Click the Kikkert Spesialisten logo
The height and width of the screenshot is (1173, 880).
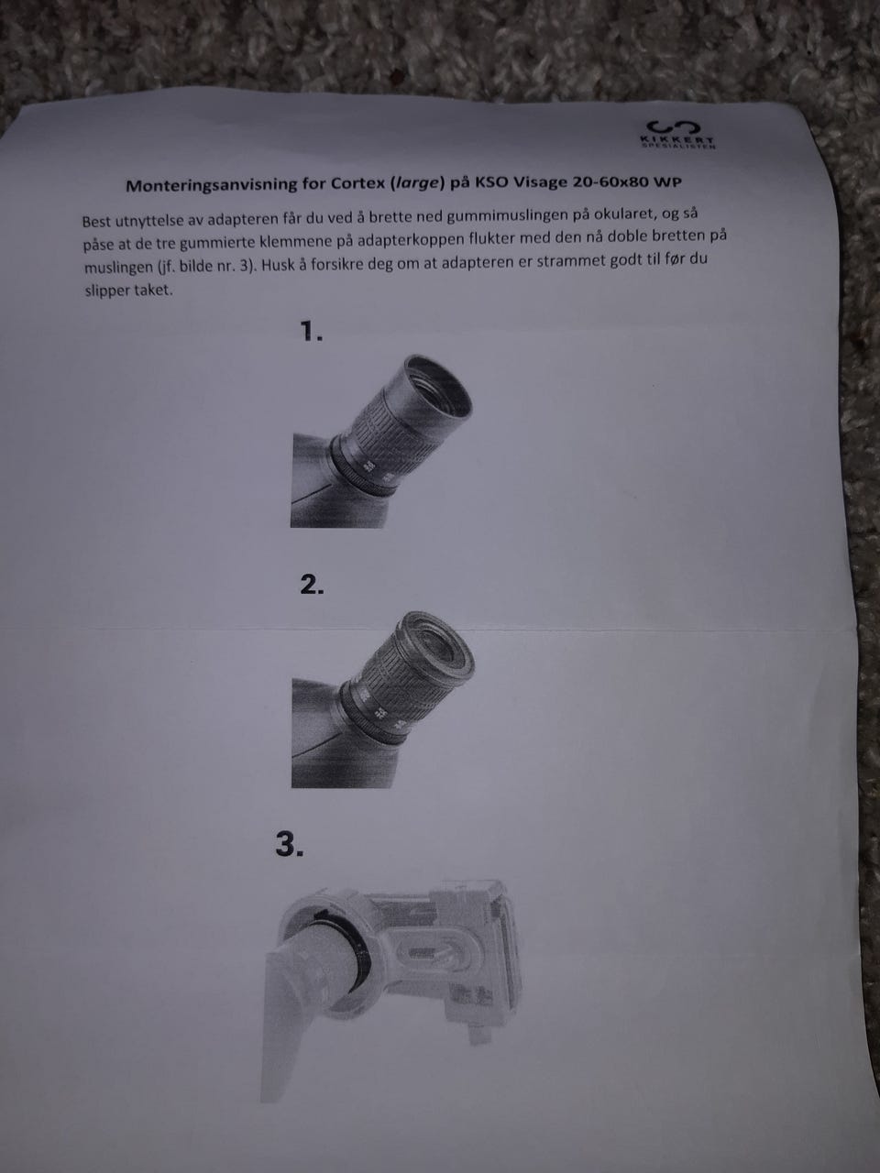[x=677, y=134]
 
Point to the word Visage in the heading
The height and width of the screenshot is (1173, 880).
[x=539, y=182]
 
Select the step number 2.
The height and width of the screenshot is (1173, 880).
[x=312, y=586]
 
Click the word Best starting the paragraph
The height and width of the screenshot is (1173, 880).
[x=97, y=222]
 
